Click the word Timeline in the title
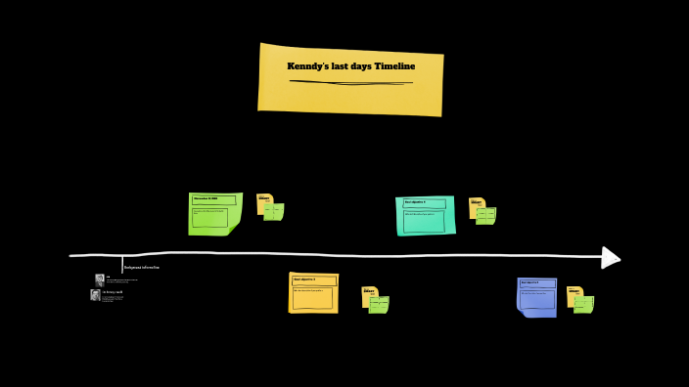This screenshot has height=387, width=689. click(x=394, y=66)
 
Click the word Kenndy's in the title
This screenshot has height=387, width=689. click(x=308, y=66)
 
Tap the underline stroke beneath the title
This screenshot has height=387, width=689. click(x=350, y=82)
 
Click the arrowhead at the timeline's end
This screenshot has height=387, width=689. click(x=611, y=257)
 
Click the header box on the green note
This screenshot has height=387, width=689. click(x=213, y=200)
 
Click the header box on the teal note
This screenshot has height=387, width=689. click(x=424, y=203)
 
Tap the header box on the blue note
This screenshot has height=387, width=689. click(x=536, y=283)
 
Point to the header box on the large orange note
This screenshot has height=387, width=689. click(x=312, y=279)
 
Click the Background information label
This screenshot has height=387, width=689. click(x=142, y=267)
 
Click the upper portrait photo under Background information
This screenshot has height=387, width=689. click(x=100, y=279)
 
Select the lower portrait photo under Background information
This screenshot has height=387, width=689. click(x=96, y=294)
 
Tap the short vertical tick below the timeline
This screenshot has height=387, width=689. click(x=122, y=263)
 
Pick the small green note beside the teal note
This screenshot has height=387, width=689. click(x=486, y=216)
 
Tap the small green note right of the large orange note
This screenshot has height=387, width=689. click(x=379, y=305)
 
